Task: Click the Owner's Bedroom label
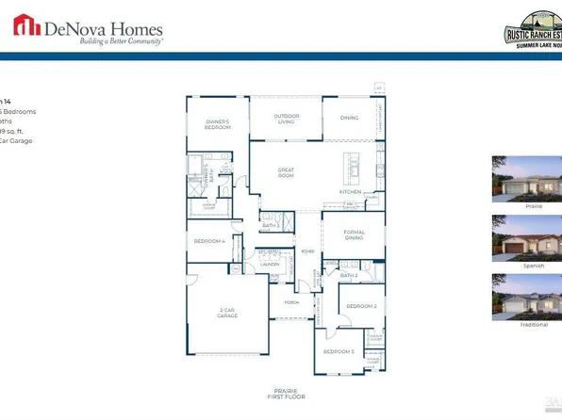pyautogui.click(x=218, y=124)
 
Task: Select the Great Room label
pyautogui.click(x=286, y=172)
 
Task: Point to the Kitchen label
pyautogui.click(x=350, y=192)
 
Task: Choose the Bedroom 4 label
pyautogui.click(x=209, y=241)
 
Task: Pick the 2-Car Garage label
pyautogui.click(x=226, y=313)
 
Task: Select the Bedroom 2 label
pyautogui.click(x=360, y=306)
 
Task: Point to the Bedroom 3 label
pyautogui.click(x=339, y=351)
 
